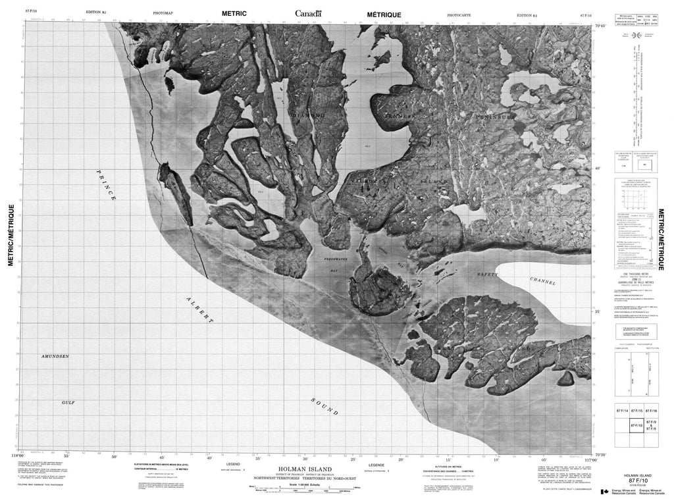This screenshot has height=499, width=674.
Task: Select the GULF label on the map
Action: coord(68,402)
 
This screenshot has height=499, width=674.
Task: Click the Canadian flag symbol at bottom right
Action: coord(605,491)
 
